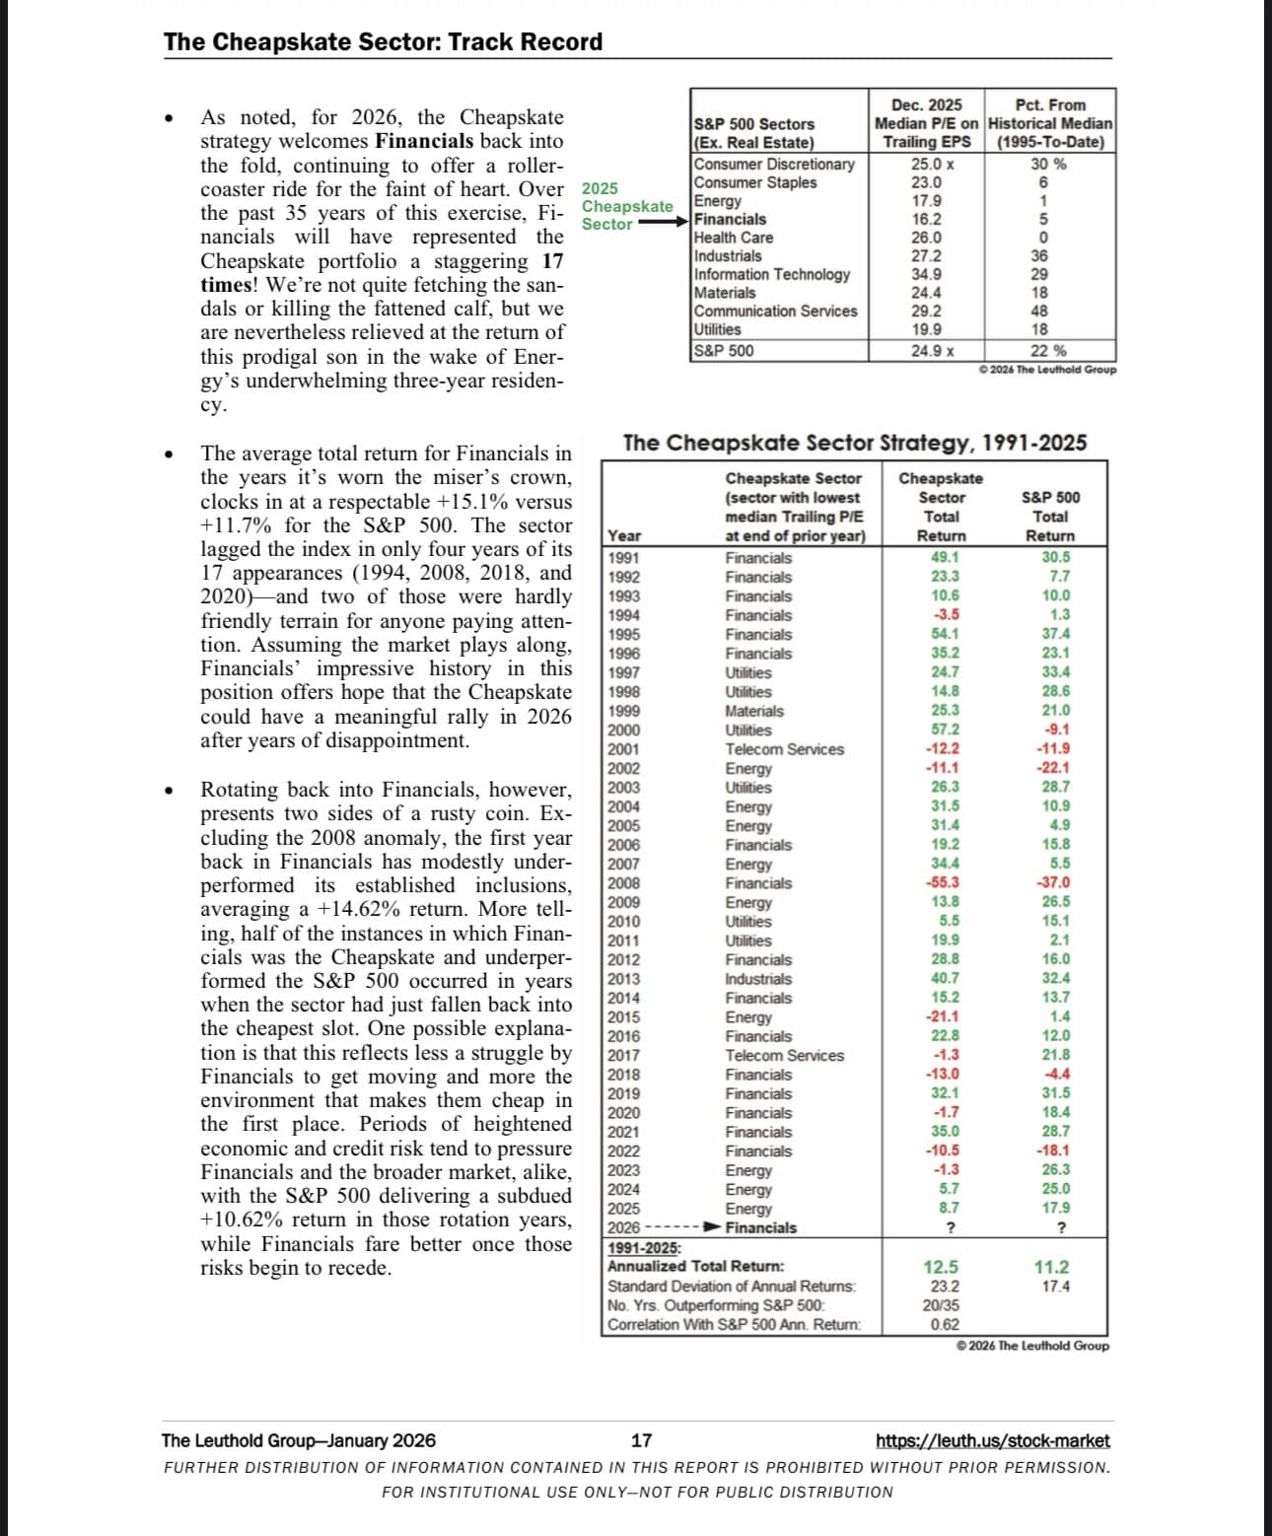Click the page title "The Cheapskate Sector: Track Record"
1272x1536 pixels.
pos(383,42)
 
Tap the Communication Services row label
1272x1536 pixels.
pos(775,312)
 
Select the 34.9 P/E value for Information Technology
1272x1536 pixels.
pos(926,274)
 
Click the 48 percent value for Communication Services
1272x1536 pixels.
pos(1039,312)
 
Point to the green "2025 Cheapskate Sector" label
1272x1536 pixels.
pos(626,206)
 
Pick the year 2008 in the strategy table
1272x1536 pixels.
pos(624,883)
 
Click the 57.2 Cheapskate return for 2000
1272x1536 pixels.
pos(945,730)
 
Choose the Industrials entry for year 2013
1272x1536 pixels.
pos(758,979)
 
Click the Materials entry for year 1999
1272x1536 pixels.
pos(754,711)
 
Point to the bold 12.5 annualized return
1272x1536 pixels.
pos(941,1267)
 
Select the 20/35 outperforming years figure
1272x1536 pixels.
pos(942,1305)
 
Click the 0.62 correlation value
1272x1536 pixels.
pos(944,1324)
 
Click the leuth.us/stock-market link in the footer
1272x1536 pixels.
pos(992,1441)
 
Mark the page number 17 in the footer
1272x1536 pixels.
pos(641,1441)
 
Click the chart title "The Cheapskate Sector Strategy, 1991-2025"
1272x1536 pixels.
pos(855,444)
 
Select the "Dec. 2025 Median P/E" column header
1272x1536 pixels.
pos(926,123)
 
